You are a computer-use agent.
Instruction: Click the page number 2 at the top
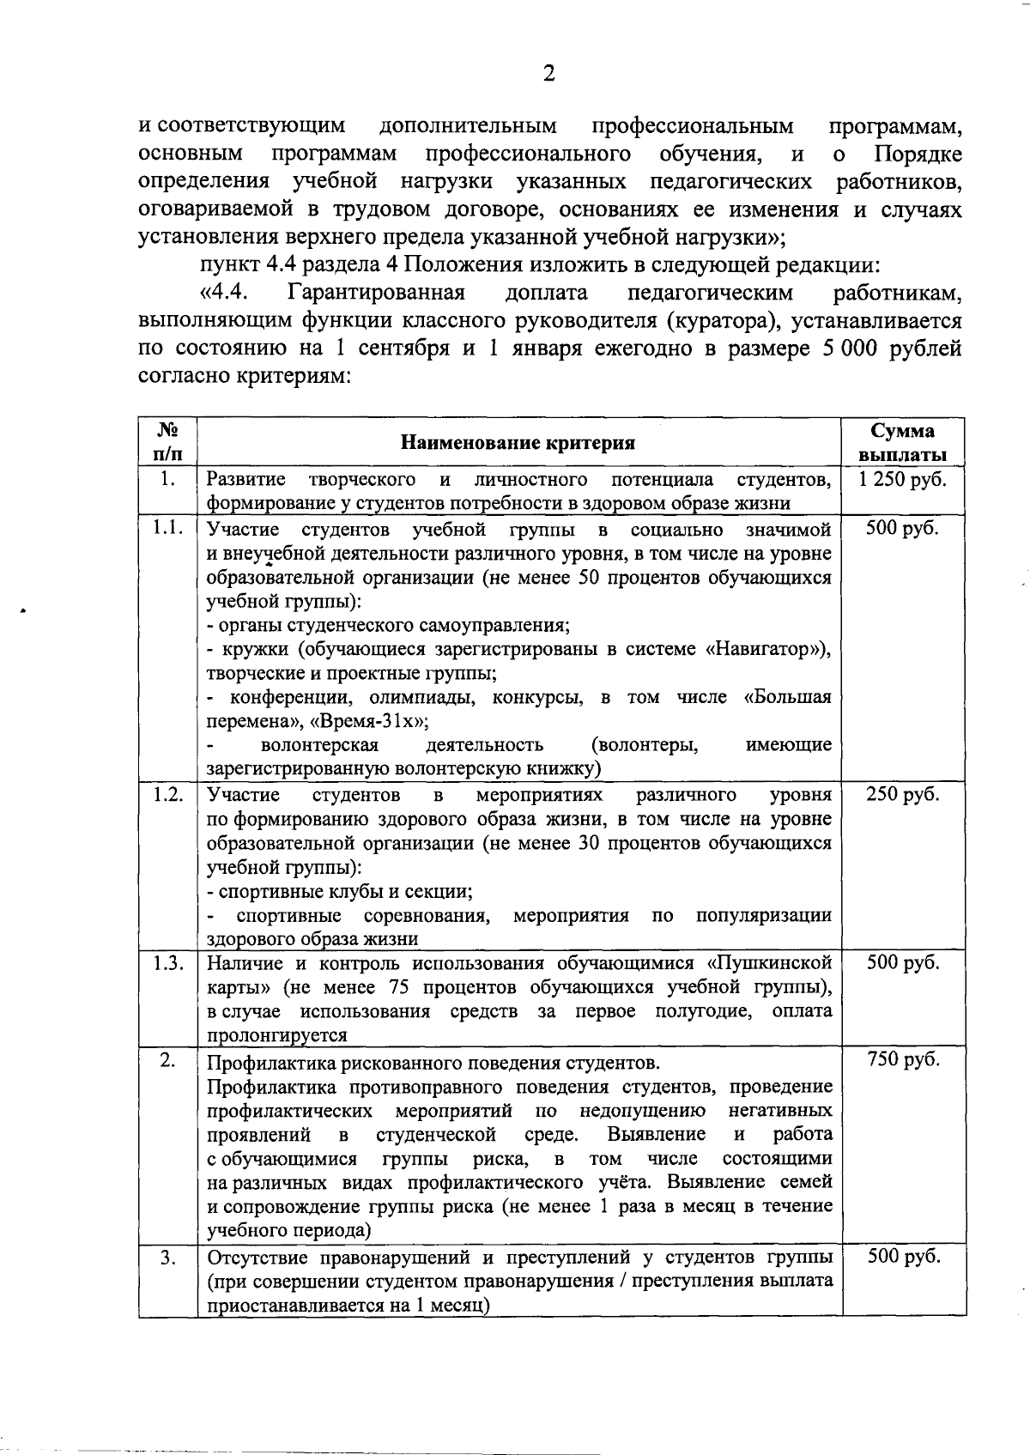coord(549,74)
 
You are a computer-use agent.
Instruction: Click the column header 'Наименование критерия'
coord(518,443)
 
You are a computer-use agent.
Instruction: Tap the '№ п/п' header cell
coord(168,442)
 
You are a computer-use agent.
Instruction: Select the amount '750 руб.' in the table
coord(903,1060)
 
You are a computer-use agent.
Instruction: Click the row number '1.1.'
coord(168,528)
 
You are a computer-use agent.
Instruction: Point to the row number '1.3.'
coord(168,963)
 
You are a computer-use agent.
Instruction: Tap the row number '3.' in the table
coord(168,1258)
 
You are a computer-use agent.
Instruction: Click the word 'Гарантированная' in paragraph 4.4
coord(377,293)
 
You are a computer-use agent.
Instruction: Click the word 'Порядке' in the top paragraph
coord(918,155)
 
